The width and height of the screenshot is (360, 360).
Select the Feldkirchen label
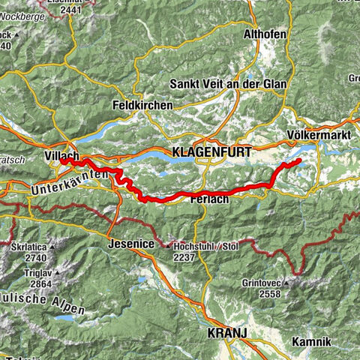[142, 106]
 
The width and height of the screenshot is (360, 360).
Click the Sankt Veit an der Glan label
[229, 84]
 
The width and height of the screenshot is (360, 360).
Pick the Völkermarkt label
[314, 136]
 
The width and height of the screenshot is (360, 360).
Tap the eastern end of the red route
[299, 160]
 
